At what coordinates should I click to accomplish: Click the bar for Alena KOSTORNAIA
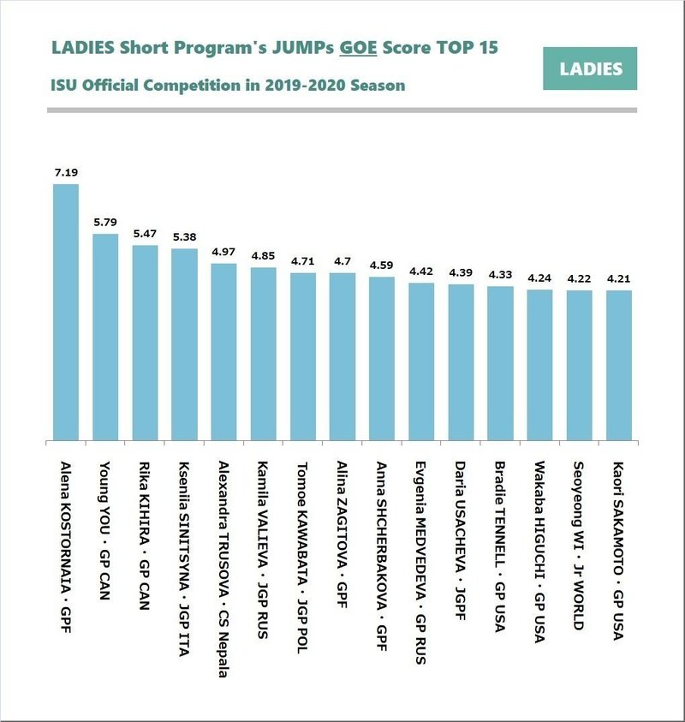pos(66,313)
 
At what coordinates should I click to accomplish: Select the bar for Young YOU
pos(105,337)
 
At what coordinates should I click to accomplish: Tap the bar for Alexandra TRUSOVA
pos(223,352)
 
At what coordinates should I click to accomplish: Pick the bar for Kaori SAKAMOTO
pos(619,366)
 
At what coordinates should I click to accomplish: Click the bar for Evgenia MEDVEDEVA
pos(421,362)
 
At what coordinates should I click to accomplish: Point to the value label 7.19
pos(66,173)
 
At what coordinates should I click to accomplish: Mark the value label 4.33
pos(500,275)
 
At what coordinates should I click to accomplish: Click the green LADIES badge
pos(590,69)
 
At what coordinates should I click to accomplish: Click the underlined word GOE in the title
pos(357,48)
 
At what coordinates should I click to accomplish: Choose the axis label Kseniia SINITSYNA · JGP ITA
pos(184,548)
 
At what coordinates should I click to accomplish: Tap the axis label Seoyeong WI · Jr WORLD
pos(580,547)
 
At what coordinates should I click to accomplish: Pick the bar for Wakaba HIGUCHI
pos(539,366)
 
